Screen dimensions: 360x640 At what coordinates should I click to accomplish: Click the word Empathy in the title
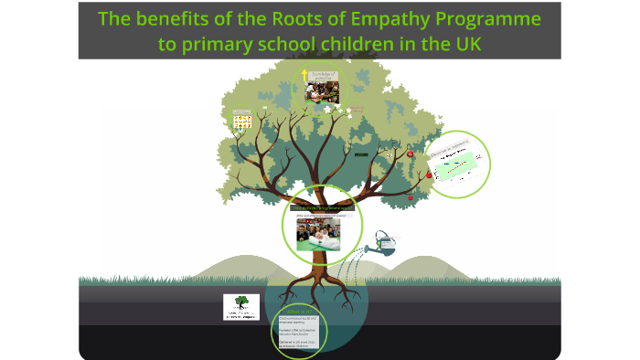pos(377,18)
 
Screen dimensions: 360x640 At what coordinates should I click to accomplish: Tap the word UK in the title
pos(463,43)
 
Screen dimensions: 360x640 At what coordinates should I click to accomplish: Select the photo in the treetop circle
pos(322,91)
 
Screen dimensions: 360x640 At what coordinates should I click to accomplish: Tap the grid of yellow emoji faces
pos(243,122)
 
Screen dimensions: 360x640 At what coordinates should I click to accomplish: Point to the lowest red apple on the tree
pos(411,197)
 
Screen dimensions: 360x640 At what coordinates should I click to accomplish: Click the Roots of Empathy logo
pos(241,306)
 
